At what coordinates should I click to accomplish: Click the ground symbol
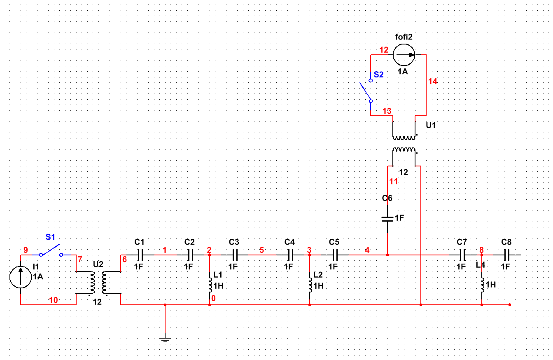coord(165,339)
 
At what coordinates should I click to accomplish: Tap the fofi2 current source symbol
coord(404,54)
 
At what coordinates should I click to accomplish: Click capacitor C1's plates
coord(140,255)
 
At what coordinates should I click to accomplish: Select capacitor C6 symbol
coord(387,218)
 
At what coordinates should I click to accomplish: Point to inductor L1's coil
coord(210,284)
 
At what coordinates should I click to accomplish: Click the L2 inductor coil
coord(310,284)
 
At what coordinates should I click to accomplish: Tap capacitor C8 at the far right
coord(506,255)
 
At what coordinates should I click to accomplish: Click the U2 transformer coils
coord(98,283)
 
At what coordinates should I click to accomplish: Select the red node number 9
coord(26,250)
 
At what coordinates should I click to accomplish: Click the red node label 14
coord(432,82)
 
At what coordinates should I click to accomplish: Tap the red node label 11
coord(394,182)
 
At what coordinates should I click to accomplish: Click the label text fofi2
coord(404,37)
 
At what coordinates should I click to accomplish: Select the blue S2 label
coord(378,75)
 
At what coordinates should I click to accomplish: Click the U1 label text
coord(431,125)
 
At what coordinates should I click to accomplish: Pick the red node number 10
coord(54,300)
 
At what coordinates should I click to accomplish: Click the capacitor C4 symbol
coord(290,255)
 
